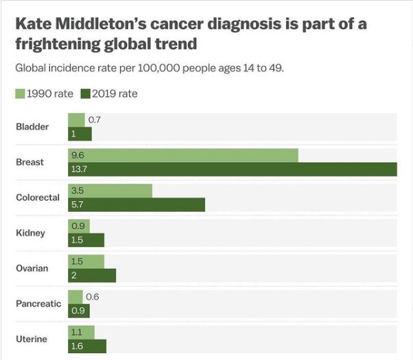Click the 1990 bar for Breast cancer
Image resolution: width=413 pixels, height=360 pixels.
[x=183, y=155]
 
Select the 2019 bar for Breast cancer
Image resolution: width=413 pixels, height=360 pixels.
[x=233, y=169]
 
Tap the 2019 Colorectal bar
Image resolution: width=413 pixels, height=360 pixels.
[x=137, y=204]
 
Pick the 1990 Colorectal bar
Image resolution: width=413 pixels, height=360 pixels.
[x=110, y=191]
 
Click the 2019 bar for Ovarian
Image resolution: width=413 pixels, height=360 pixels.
[x=92, y=275]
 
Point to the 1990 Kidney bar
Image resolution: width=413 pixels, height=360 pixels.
[x=79, y=226]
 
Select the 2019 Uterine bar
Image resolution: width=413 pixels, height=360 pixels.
[x=87, y=346]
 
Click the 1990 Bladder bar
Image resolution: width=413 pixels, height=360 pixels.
[x=76, y=120]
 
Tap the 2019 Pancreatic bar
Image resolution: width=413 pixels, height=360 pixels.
[x=79, y=311]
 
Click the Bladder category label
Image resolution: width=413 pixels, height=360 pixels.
[x=32, y=127]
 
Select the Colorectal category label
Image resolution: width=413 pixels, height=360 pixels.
[x=38, y=197]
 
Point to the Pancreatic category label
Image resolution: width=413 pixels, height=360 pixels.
[x=38, y=304]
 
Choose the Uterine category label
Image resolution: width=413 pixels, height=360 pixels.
[x=32, y=339]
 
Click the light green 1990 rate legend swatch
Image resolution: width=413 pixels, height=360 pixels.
[x=20, y=94]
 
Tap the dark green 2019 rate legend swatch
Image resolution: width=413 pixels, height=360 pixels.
[x=86, y=94]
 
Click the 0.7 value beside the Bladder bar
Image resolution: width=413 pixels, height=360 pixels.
[x=95, y=120]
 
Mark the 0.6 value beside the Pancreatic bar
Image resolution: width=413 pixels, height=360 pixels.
[x=92, y=296]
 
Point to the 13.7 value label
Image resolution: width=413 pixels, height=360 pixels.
[x=78, y=169]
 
